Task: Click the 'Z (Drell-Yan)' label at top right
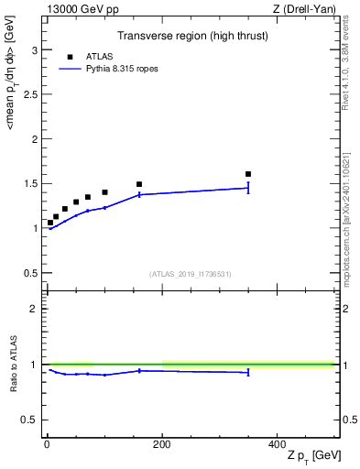click(x=304, y=9)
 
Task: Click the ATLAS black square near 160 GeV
click(x=139, y=184)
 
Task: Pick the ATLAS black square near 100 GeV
click(x=104, y=192)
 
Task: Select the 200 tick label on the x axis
click(x=162, y=443)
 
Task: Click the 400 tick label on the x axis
click(x=277, y=443)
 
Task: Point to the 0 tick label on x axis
click(x=47, y=443)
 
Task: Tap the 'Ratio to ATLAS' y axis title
click(x=12, y=363)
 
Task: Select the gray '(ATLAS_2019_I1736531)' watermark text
click(x=190, y=274)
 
